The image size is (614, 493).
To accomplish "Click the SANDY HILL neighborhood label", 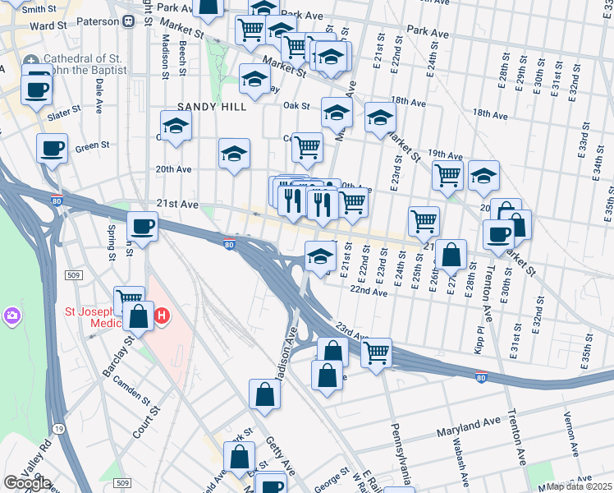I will [x=212, y=107].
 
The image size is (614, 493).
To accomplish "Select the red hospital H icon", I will [x=162, y=315].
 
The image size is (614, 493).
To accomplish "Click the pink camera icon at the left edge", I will [x=11, y=316].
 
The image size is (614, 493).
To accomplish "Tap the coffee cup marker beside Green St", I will [x=53, y=150].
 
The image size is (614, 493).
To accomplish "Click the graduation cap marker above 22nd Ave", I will [x=320, y=256].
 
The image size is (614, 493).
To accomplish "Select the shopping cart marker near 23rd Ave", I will [x=376, y=353].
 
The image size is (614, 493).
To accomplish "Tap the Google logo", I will [x=27, y=483].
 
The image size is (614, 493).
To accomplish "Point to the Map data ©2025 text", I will [x=579, y=486].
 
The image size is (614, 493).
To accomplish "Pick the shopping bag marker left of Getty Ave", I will [x=265, y=394].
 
